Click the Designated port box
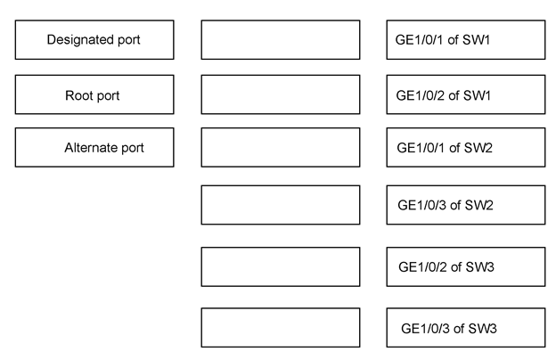click(94, 40)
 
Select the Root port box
click(94, 94)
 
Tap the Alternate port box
click(94, 147)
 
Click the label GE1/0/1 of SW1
click(443, 40)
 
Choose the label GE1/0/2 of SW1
click(443, 95)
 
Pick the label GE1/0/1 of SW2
click(445, 148)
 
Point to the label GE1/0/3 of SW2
click(446, 205)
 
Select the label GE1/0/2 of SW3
click(446, 267)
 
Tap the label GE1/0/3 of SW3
click(449, 329)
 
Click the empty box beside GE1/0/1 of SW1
click(281, 40)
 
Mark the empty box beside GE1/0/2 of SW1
click(281, 94)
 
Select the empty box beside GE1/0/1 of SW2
click(281, 147)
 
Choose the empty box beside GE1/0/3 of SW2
click(281, 205)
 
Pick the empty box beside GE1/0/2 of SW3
click(281, 266)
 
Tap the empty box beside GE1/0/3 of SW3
click(281, 327)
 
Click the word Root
click(75, 95)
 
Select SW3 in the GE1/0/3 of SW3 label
click(483, 329)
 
